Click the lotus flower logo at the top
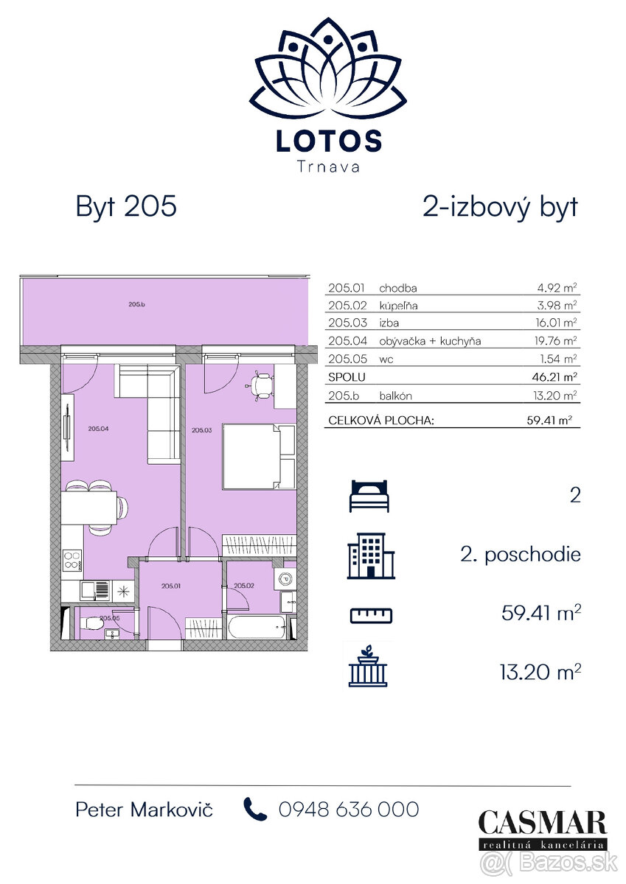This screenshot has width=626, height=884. click(x=328, y=70)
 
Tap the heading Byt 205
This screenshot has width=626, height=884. click(x=126, y=206)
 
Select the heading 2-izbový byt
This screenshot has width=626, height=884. click(x=500, y=206)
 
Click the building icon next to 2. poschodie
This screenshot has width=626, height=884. click(x=372, y=555)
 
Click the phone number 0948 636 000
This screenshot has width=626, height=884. click(x=348, y=810)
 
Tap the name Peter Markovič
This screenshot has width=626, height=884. click(x=145, y=810)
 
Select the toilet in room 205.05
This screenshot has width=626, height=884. click(x=94, y=625)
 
